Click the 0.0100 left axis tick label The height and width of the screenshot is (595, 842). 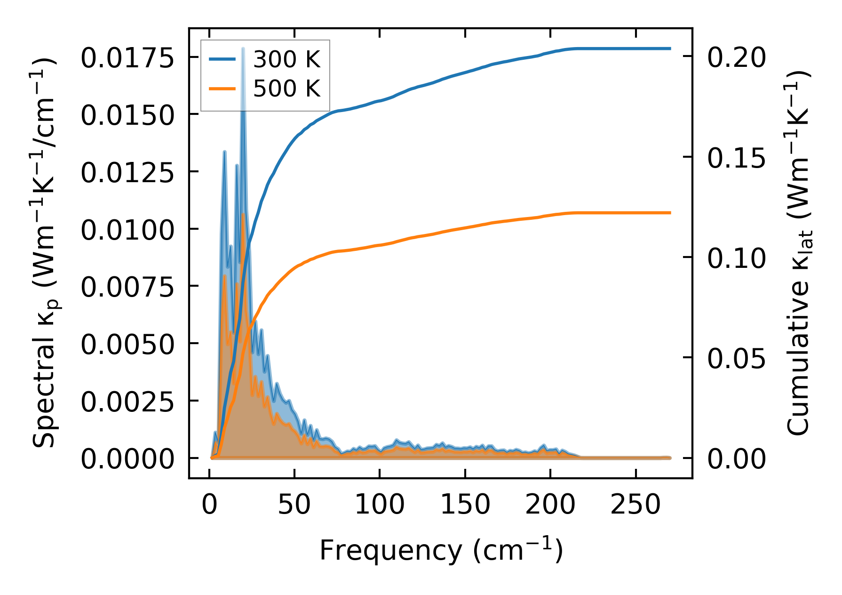click(127, 230)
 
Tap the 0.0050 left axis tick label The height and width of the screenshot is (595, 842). click(127, 345)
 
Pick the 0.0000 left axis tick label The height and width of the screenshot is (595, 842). click(127, 459)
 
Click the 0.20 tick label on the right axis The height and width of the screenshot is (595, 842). click(737, 57)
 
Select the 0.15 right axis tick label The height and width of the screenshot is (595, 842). click(737, 158)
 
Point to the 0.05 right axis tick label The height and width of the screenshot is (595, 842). click(737, 359)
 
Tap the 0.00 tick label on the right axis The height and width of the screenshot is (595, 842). click(737, 459)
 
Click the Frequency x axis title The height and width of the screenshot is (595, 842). click(441, 550)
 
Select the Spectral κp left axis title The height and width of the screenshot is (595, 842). click(45, 254)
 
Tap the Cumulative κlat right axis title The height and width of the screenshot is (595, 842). click(798, 254)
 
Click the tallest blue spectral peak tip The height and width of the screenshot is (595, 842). click(243, 48)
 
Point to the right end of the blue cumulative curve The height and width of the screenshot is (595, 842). click(670, 48)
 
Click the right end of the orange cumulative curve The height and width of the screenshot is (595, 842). click(670, 213)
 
